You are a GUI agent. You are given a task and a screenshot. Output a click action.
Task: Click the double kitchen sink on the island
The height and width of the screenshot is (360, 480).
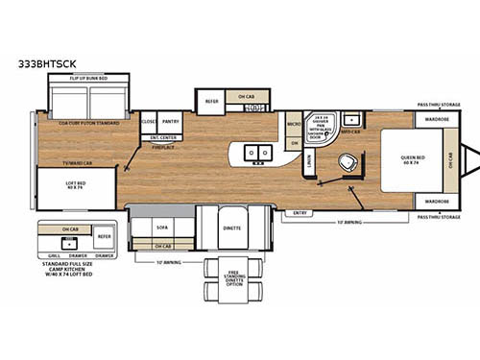click(x=256, y=153)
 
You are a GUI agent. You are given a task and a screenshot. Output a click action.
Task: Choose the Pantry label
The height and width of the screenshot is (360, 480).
click(x=172, y=123)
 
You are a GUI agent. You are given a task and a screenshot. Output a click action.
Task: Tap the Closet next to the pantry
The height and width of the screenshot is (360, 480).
click(x=149, y=123)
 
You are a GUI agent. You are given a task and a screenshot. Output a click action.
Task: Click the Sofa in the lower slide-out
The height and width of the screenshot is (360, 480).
click(x=162, y=228)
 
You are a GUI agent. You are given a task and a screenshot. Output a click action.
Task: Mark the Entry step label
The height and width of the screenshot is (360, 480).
click(x=300, y=213)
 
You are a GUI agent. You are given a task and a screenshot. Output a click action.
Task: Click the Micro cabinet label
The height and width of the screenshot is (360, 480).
click(x=294, y=125)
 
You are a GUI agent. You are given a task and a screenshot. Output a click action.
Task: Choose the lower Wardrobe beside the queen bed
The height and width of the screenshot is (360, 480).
click(x=436, y=202)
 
